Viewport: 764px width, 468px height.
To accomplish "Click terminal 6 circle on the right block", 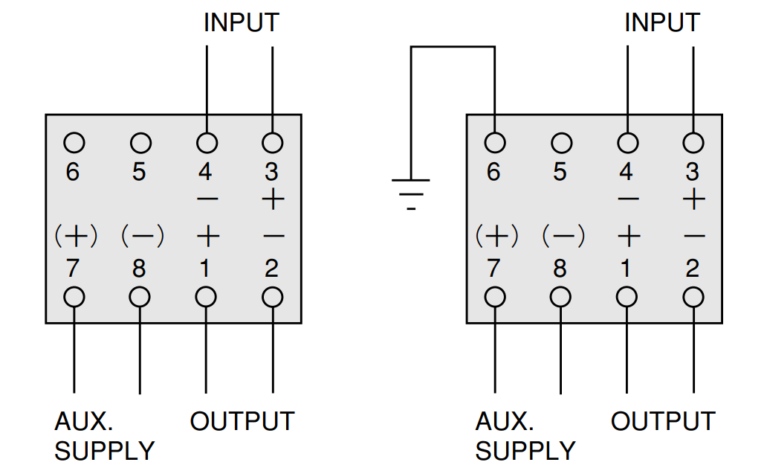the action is [495, 143].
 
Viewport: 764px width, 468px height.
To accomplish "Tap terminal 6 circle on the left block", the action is [74, 143].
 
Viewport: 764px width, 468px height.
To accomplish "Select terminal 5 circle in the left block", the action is [140, 143].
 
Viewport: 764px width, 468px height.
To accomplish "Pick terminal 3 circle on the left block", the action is [272, 143].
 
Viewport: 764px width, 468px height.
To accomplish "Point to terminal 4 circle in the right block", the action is [627, 143].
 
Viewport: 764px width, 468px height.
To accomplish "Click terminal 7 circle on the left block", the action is [74, 297].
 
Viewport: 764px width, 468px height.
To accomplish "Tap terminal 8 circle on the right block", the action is [560, 297].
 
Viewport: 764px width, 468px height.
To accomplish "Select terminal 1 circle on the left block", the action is [206, 297].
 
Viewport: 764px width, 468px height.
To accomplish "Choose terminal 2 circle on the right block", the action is [693, 297].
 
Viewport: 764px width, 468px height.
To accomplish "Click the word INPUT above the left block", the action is [242, 22].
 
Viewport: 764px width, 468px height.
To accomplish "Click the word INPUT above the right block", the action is [662, 22].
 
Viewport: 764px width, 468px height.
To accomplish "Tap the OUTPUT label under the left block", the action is [242, 421].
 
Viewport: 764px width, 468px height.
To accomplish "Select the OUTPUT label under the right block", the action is [663, 421].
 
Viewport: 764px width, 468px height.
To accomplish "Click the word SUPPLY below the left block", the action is [104, 451].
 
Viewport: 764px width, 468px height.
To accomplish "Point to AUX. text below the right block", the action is [505, 421].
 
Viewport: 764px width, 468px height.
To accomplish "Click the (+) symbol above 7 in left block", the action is [76, 236].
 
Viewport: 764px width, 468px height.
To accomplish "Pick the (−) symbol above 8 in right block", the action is [563, 236].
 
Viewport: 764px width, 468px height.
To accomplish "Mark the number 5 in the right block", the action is [560, 172].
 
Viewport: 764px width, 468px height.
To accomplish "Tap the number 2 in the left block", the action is [271, 269].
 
